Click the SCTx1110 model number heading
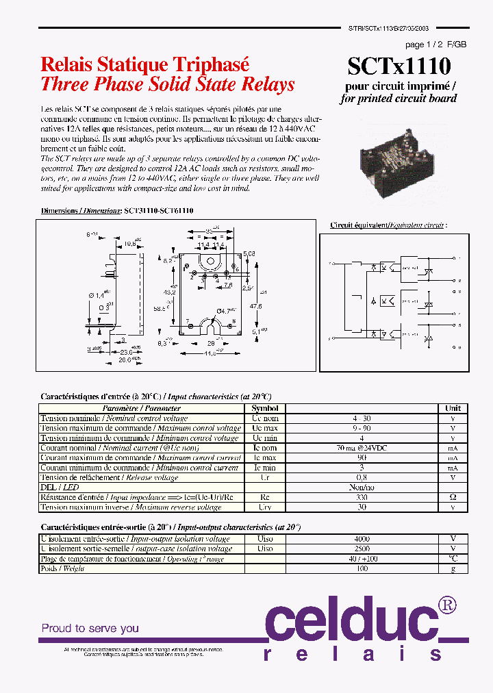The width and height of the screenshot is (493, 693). pos(399,66)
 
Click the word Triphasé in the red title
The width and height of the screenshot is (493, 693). pos(211,64)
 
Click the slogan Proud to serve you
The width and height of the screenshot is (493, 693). pos(90,628)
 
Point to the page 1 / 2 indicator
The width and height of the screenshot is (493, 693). pos(425,45)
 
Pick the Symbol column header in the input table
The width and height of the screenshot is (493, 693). pos(265,408)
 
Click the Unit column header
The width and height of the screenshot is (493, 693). pos(453,408)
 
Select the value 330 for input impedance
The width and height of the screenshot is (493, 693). pos(361,497)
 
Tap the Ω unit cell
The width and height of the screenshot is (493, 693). pos(453,497)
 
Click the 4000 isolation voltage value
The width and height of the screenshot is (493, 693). pos(361,539)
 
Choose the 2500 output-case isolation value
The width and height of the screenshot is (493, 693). pos(361,549)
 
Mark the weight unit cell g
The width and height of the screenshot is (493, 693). pos(453,568)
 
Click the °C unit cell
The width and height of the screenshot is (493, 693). pos(453,559)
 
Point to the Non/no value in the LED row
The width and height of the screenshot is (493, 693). pos(361,487)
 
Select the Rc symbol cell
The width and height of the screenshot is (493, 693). pos(265,497)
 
